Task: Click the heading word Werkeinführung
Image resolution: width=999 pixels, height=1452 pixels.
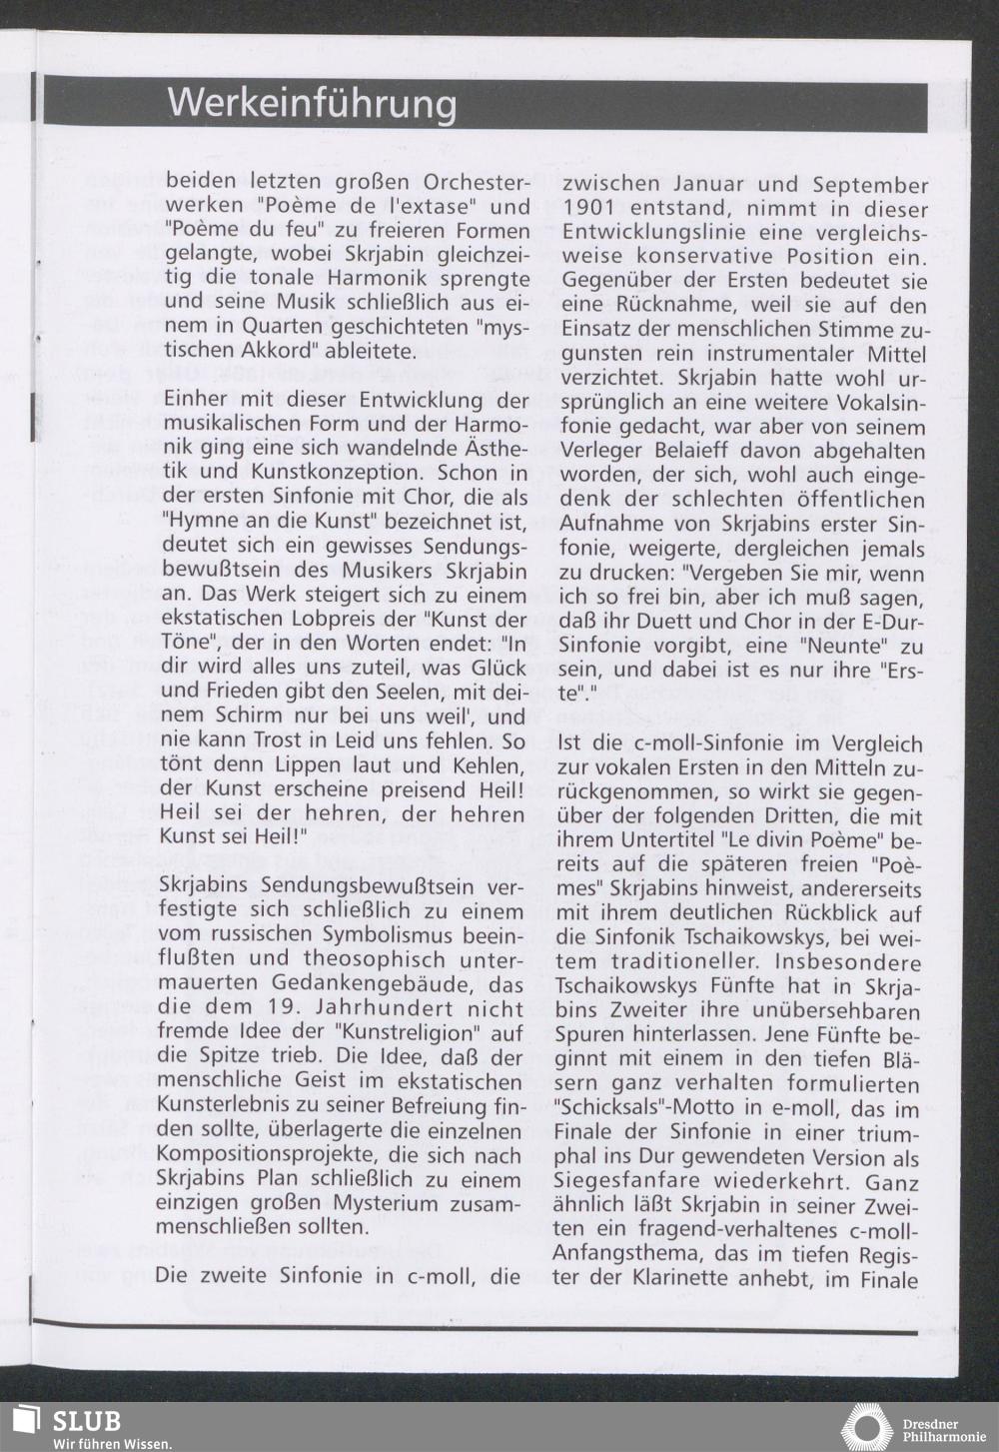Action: (x=312, y=103)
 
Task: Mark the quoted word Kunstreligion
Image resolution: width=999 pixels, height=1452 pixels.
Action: (x=412, y=1033)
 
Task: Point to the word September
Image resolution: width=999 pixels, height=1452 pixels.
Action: (x=870, y=185)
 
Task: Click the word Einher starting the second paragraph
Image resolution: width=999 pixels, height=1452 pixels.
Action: (x=196, y=400)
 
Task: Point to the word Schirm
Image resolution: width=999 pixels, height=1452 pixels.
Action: (x=246, y=717)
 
